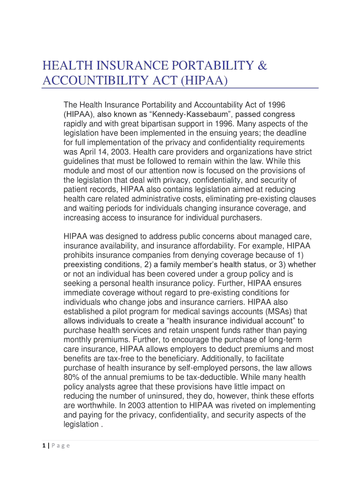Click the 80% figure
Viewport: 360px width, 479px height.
(x=72, y=377)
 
